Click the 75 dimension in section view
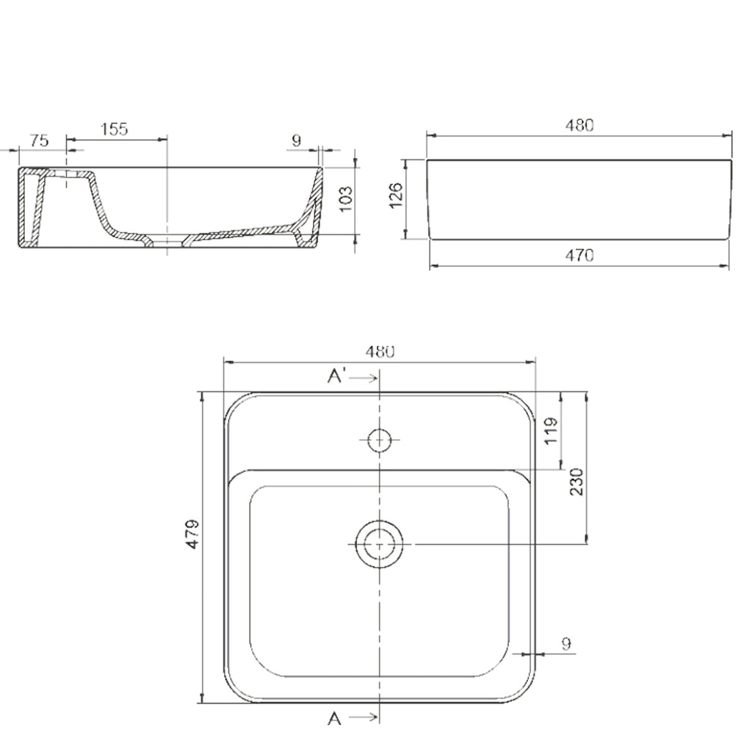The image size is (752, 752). pyautogui.click(x=40, y=140)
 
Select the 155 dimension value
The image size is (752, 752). pyautogui.click(x=115, y=129)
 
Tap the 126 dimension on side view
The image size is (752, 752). pyautogui.click(x=396, y=197)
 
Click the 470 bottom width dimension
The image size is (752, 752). pyautogui.click(x=579, y=256)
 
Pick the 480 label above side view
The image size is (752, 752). pyautogui.click(x=579, y=125)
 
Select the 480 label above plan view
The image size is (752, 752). pyautogui.click(x=381, y=351)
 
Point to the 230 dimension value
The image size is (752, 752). pyautogui.click(x=576, y=481)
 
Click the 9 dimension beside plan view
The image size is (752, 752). pyautogui.click(x=565, y=644)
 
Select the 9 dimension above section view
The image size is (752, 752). pyautogui.click(x=297, y=140)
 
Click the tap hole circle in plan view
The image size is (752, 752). pyautogui.click(x=379, y=440)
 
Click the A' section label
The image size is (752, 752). pyautogui.click(x=337, y=377)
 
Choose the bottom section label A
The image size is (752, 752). pyautogui.click(x=334, y=717)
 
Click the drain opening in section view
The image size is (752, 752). pyautogui.click(x=168, y=239)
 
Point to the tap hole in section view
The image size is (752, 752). pyautogui.click(x=67, y=176)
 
